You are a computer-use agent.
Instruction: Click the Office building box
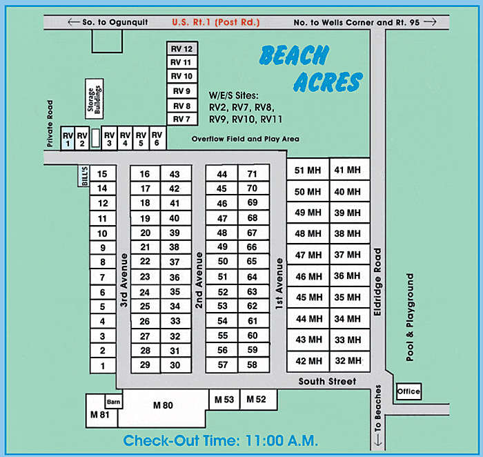(408, 392)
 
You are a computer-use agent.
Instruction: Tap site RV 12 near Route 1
(182, 49)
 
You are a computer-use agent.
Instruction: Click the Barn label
(113, 402)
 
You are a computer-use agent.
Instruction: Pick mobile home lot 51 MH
(308, 171)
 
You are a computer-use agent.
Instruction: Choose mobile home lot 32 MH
(348, 360)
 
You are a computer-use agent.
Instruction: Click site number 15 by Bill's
(103, 174)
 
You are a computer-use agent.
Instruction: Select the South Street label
(327, 382)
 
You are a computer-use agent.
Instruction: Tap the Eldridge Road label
(377, 282)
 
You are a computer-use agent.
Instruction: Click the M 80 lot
(163, 406)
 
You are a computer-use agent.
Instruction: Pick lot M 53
(224, 400)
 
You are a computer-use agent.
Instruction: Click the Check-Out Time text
(220, 440)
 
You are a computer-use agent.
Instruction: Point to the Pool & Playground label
(410, 317)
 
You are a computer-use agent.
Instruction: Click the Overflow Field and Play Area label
(245, 139)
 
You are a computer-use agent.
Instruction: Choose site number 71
(253, 174)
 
